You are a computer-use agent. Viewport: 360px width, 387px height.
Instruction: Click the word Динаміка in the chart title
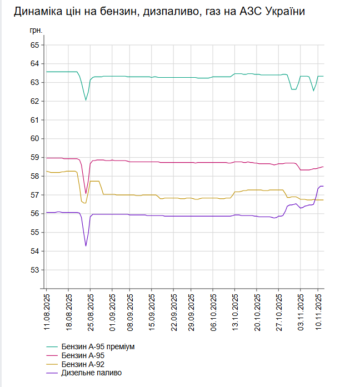coord(38,12)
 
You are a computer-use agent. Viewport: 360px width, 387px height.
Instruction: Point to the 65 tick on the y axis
coord(34,45)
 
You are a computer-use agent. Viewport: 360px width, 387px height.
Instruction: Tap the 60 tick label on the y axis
coord(34,139)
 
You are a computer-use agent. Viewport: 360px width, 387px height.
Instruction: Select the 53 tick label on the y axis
coord(34,270)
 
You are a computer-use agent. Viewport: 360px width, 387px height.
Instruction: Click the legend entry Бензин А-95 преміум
coord(98,347)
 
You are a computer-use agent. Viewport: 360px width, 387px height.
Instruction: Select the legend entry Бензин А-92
coord(82,364)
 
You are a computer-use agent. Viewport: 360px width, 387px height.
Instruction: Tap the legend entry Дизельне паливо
coord(91,373)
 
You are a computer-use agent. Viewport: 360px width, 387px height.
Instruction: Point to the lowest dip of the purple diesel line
coord(86,245)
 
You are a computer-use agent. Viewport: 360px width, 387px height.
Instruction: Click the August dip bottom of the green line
coord(86,100)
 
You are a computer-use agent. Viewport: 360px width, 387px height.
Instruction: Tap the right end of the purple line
coord(323,186)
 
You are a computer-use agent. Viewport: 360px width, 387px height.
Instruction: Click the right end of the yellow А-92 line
coord(323,200)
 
